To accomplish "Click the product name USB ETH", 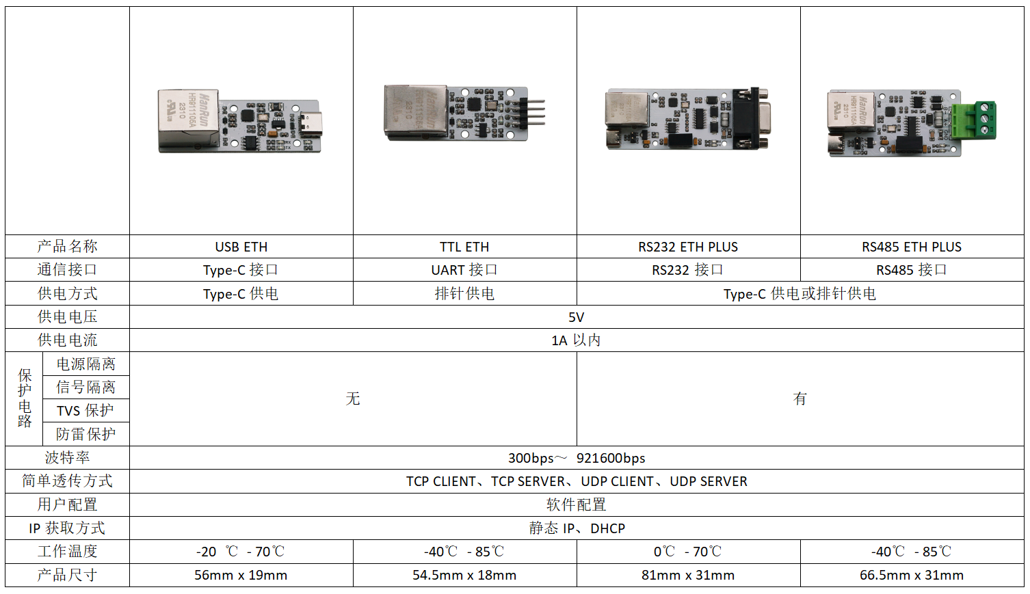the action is (241, 247).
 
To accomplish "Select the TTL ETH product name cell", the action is (464, 247).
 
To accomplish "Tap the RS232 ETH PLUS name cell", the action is (688, 247).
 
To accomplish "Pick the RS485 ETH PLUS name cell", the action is (912, 247).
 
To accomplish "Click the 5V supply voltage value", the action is (576, 317).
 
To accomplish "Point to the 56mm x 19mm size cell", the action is (241, 575).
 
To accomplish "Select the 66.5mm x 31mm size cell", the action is (912, 575).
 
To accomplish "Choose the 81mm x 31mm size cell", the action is (688, 575).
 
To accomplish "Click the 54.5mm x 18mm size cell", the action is (464, 575).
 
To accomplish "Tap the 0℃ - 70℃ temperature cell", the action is (687, 551).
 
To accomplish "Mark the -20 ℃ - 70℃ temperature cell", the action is (241, 551).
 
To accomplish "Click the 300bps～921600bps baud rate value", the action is (577, 458).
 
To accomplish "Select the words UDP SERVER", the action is (709, 481).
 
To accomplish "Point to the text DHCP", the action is (608, 528).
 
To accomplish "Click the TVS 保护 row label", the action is (85, 410).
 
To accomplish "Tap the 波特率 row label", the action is (67, 457).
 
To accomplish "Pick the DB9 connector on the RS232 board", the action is (751, 118).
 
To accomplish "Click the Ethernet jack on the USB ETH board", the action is (188, 120).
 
